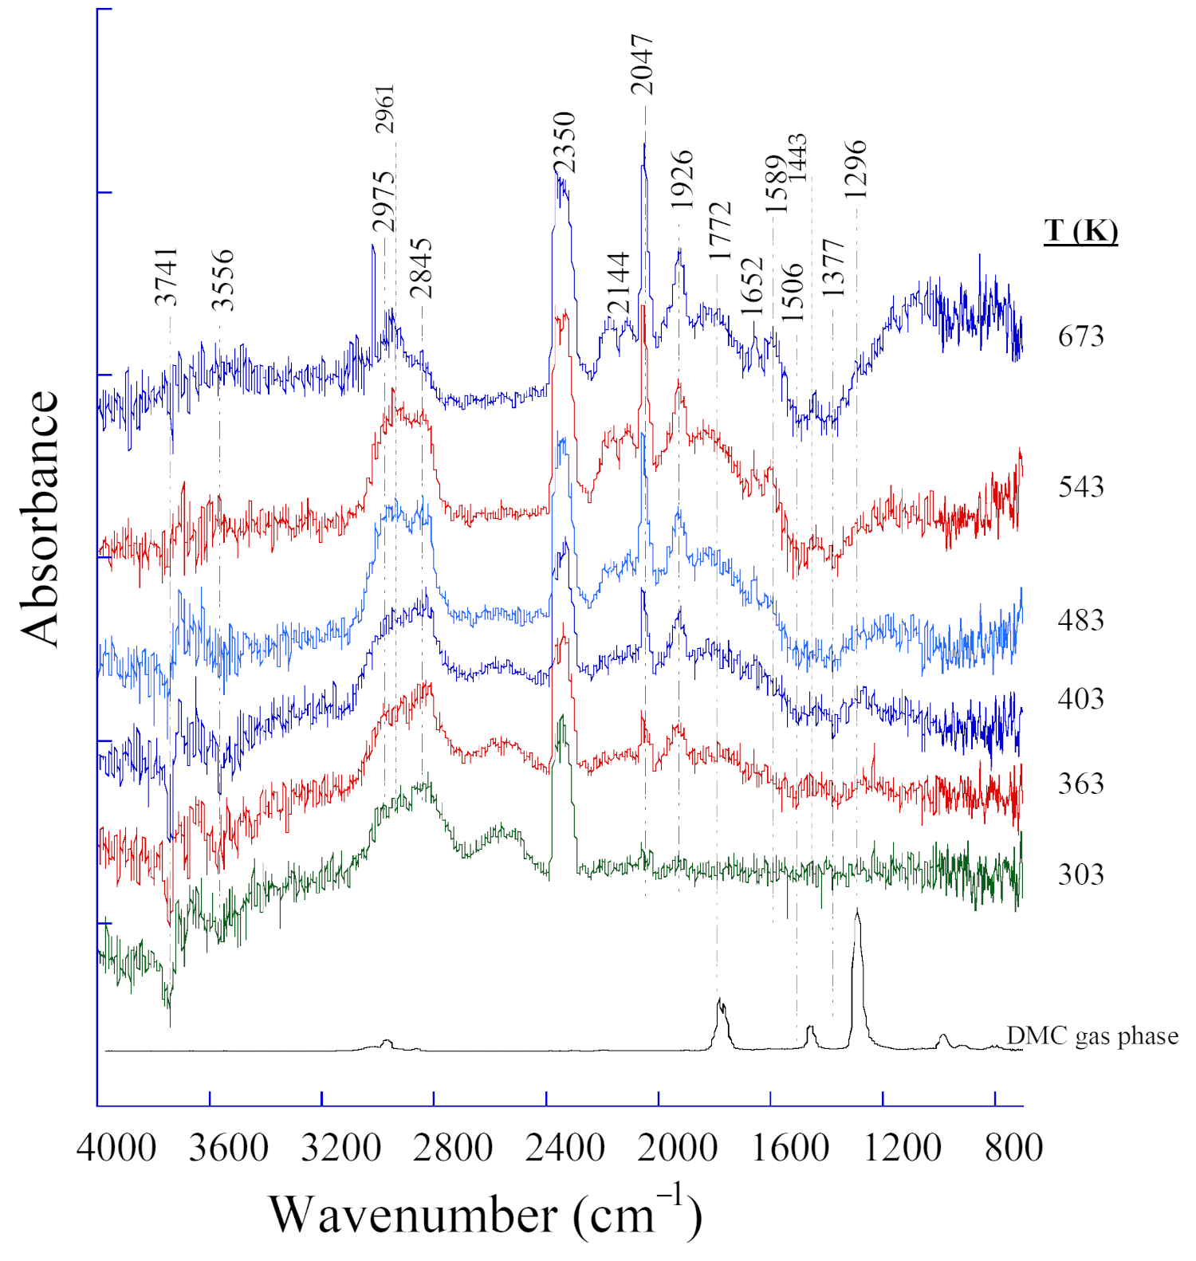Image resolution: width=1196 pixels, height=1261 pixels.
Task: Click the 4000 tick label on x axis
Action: point(116,1149)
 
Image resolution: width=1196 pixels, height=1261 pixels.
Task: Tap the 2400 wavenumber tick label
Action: point(565,1149)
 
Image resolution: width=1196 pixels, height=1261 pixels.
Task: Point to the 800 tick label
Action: point(1013,1149)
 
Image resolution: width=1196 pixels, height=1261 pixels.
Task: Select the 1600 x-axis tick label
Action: point(789,1149)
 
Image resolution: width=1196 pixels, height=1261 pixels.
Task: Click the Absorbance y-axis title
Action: point(40,518)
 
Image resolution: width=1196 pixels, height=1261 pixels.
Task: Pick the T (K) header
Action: point(1080,230)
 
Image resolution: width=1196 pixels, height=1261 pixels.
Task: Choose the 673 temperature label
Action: point(1080,336)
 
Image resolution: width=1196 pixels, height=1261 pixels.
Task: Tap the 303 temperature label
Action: point(1080,874)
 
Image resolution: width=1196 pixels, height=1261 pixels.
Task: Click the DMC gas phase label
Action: point(1092,1035)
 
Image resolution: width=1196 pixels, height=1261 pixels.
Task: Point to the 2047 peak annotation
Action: point(642,65)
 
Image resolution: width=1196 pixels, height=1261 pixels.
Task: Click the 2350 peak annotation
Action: point(565,143)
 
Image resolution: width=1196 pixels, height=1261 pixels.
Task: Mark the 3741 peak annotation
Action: point(167,277)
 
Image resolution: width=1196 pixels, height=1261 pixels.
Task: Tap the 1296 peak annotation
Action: point(856,169)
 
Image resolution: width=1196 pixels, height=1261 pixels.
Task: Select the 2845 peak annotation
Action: point(421,268)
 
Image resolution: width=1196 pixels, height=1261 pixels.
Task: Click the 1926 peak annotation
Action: point(682,179)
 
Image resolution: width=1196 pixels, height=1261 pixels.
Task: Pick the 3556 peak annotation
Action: point(223,279)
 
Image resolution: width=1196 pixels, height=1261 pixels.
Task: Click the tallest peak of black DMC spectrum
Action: point(857,911)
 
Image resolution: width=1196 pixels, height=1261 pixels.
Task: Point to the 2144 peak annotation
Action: point(619,283)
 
